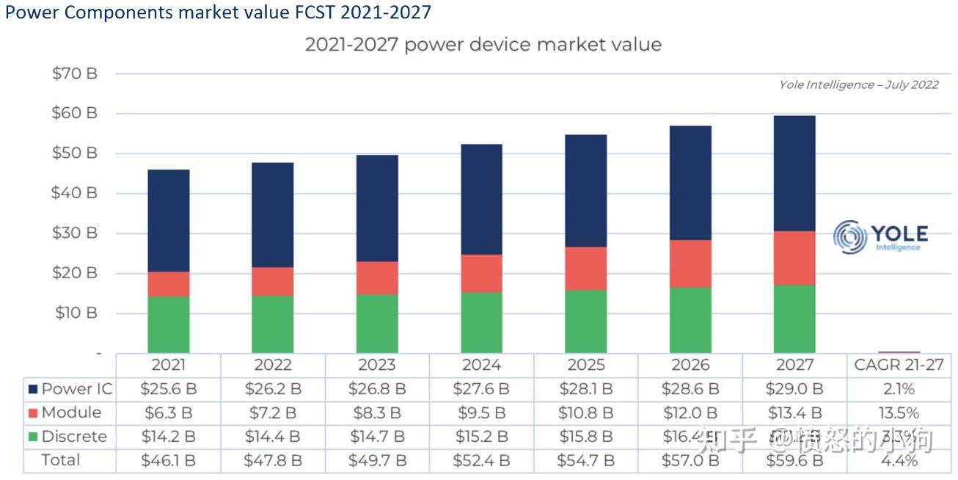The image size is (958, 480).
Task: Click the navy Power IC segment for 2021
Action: click(169, 220)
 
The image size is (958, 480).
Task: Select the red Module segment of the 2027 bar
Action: click(794, 258)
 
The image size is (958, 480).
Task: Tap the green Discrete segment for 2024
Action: click(481, 322)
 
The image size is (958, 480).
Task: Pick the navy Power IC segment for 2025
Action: click(586, 191)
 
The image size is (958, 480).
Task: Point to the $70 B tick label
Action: click(74, 73)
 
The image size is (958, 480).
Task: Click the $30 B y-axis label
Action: click(74, 233)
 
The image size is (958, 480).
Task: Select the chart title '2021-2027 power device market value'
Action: click(483, 44)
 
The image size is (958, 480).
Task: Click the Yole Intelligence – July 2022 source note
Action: click(858, 84)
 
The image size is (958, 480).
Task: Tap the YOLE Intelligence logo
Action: click(880, 236)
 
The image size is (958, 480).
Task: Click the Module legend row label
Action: click(71, 412)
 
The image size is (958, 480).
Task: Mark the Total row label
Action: click(61, 460)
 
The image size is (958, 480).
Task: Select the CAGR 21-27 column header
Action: click(899, 365)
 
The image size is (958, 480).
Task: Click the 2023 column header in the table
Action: click(377, 365)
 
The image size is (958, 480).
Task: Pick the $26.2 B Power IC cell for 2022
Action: click(272, 389)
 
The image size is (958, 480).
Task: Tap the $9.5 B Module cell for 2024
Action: click(481, 412)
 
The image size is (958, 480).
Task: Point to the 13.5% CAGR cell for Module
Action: click(899, 412)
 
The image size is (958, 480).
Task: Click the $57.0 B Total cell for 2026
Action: click(690, 460)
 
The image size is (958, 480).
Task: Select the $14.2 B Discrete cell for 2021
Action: click(168, 437)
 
